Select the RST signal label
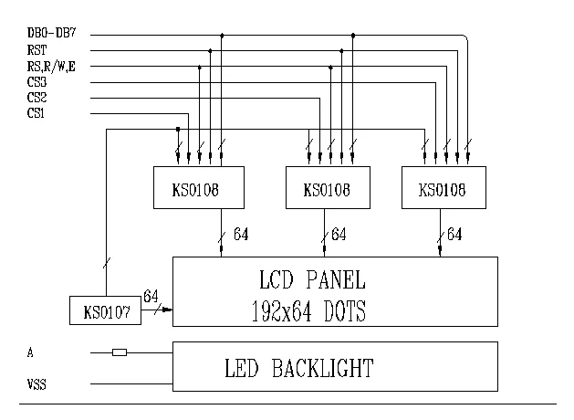click(x=37, y=51)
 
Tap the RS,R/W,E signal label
click(x=49, y=67)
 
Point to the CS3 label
click(x=37, y=82)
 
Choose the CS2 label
click(x=37, y=98)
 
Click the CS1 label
click(x=37, y=113)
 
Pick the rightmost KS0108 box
click(x=443, y=188)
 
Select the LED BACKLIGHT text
click(x=299, y=369)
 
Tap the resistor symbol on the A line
click(x=119, y=352)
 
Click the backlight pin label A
click(x=32, y=352)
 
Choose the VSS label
click(x=37, y=385)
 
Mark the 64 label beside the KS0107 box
click(x=151, y=297)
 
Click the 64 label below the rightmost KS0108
click(x=454, y=236)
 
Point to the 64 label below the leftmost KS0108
click(x=241, y=236)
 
